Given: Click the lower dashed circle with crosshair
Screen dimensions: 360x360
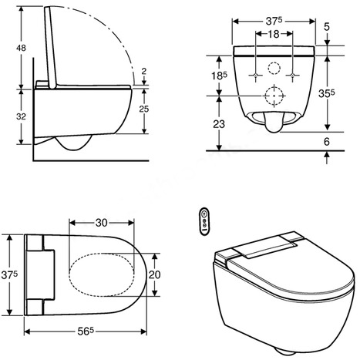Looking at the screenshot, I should click(274, 96).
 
